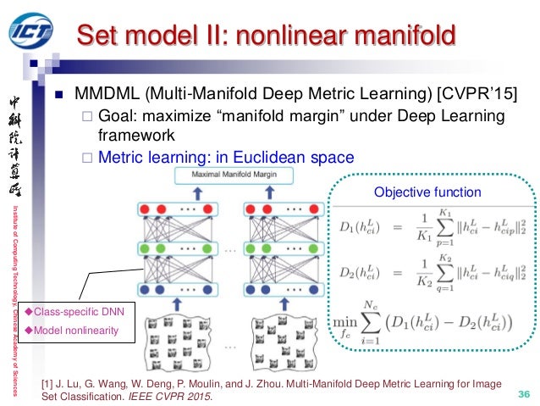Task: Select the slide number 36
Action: point(521,394)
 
